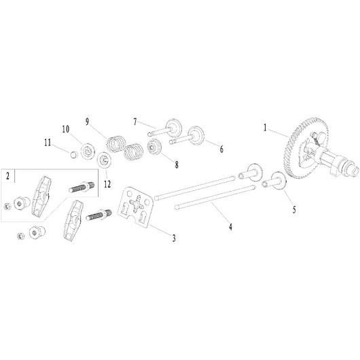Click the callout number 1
(265, 128)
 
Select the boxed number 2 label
(8, 176)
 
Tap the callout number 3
(174, 238)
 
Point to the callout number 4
(230, 227)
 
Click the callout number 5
(294, 209)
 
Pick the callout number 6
(221, 149)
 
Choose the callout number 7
(135, 122)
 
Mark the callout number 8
(177, 164)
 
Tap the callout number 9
(87, 122)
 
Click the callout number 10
(65, 129)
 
